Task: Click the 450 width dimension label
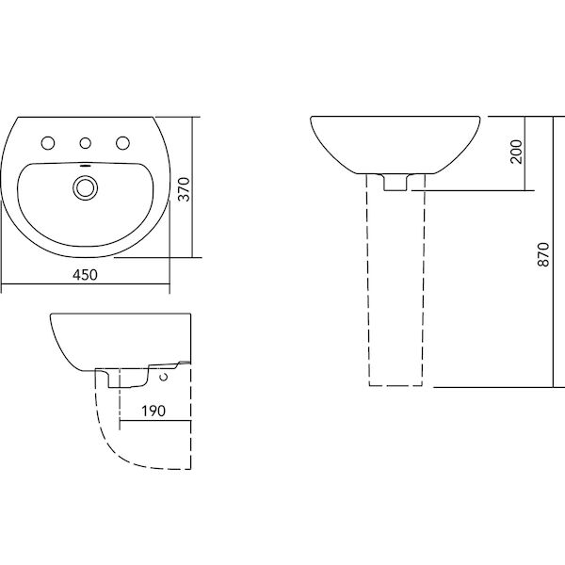(x=86, y=274)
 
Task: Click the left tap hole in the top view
(x=47, y=143)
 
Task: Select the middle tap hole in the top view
(x=86, y=143)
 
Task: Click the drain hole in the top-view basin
(x=86, y=187)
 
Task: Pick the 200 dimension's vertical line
(x=524, y=153)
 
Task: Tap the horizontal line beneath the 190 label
(x=155, y=419)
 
